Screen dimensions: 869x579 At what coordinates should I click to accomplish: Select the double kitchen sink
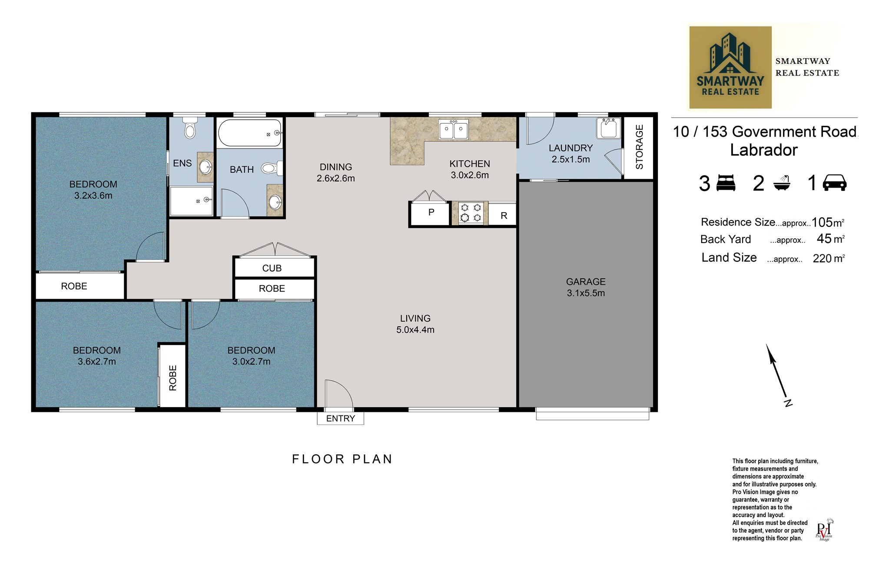point(454,129)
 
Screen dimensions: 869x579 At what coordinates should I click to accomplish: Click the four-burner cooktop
point(471,213)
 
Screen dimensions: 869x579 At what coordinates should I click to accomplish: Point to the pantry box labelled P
point(431,213)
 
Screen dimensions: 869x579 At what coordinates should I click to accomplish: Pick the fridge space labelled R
point(503,214)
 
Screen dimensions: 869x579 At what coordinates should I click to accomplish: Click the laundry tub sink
point(608,128)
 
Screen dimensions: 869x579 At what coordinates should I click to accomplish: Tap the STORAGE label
point(639,147)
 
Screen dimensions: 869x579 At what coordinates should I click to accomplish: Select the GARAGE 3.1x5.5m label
point(586,287)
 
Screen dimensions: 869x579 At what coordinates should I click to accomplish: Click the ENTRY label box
point(341,418)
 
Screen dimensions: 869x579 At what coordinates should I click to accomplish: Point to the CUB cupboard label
point(272,268)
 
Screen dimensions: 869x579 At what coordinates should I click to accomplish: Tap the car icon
point(835,183)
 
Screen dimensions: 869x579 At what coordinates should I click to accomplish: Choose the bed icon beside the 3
point(726,183)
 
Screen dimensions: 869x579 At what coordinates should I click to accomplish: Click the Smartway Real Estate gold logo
point(730,67)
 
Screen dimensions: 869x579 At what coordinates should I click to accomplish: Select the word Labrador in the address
point(764,150)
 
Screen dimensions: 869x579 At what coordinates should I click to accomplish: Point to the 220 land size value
point(822,259)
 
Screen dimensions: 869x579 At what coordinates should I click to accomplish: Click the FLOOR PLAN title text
point(342,459)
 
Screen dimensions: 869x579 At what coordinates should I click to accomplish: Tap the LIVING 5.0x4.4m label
point(415,324)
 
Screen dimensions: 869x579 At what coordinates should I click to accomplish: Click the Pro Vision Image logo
point(824,530)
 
